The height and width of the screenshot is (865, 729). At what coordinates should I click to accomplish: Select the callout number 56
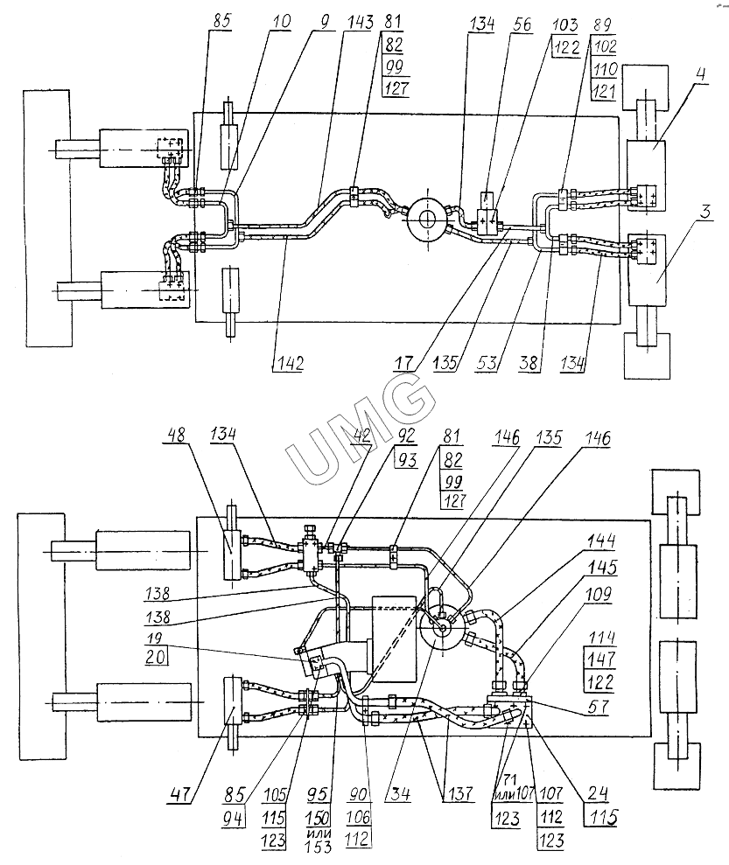click(x=521, y=24)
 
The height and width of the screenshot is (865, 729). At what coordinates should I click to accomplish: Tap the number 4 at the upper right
click(x=700, y=74)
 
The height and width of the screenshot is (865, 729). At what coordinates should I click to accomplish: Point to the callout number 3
click(x=706, y=212)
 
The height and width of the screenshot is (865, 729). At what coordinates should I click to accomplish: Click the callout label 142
click(x=291, y=363)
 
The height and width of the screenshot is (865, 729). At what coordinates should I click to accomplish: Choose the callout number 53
click(x=487, y=363)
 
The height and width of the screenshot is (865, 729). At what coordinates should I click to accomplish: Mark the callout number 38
click(x=529, y=363)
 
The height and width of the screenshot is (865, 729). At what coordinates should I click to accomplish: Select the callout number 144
click(x=601, y=541)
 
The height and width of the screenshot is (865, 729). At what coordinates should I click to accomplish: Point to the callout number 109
click(x=599, y=594)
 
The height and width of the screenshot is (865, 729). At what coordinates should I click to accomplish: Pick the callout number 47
click(x=180, y=794)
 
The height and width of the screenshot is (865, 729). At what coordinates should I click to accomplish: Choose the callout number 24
click(x=597, y=794)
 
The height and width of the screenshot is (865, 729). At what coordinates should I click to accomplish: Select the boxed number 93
click(x=407, y=459)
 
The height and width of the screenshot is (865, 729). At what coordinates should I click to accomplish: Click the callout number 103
click(x=565, y=24)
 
